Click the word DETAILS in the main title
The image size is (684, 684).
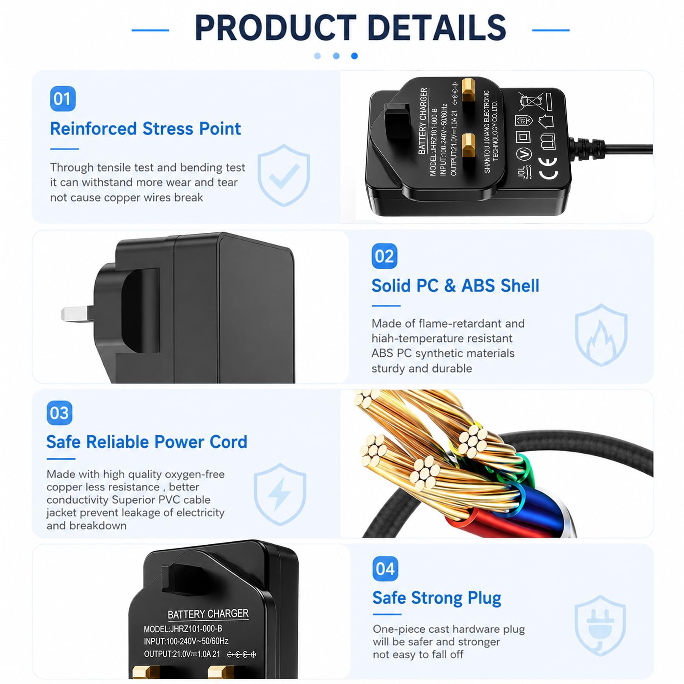pyautogui.click(x=436, y=28)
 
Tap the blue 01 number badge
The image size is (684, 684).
pyautogui.click(x=63, y=99)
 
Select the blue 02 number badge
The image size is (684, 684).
pyautogui.click(x=385, y=256)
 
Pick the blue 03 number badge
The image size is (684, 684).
pyautogui.click(x=59, y=413)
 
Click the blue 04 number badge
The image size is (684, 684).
pyautogui.click(x=385, y=569)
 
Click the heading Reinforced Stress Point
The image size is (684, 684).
pyautogui.click(x=145, y=129)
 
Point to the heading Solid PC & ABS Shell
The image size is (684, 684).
pyautogui.click(x=455, y=285)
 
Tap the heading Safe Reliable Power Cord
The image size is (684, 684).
pyautogui.click(x=147, y=442)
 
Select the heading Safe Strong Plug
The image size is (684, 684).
pyautogui.click(x=437, y=598)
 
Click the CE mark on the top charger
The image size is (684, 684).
pyautogui.click(x=549, y=168)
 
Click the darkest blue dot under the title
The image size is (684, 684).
pyautogui.click(x=354, y=56)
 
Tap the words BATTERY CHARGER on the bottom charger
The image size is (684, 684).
pyautogui.click(x=208, y=614)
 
